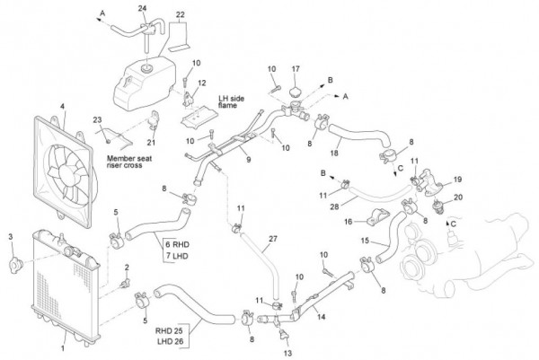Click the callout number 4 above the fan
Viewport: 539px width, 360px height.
click(x=62, y=108)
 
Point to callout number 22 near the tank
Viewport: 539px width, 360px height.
click(x=181, y=15)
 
